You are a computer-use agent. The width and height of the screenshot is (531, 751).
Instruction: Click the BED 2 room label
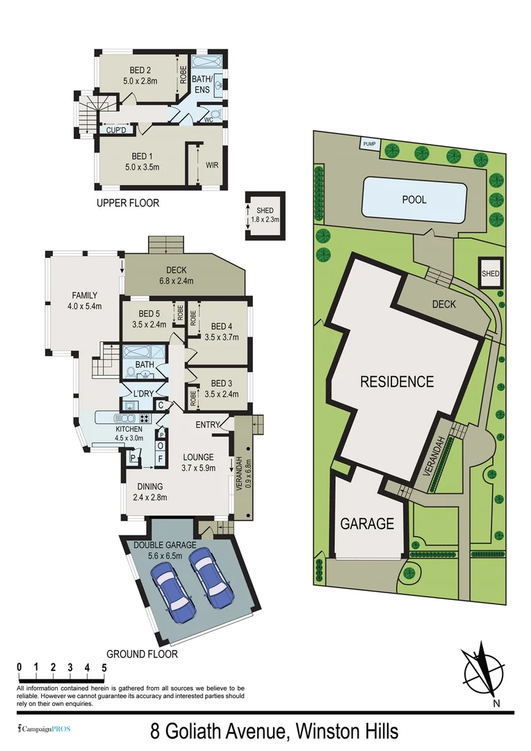[x=140, y=70]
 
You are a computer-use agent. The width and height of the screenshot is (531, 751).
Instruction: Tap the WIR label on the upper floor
[x=212, y=165]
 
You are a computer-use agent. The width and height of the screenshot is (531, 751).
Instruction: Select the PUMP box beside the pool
[x=370, y=144]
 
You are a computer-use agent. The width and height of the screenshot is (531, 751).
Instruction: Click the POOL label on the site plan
[x=414, y=200]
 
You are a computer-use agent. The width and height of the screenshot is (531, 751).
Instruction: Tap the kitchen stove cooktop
[x=145, y=418]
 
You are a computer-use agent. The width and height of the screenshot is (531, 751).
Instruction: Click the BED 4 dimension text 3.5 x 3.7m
[x=222, y=337]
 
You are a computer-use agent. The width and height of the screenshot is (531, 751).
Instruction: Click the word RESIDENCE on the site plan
[x=397, y=382]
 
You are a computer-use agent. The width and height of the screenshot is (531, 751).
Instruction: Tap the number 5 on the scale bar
[x=104, y=668]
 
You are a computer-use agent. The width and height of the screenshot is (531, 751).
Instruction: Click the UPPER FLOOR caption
[x=128, y=203]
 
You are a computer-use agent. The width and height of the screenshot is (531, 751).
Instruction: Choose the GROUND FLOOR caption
[x=142, y=654]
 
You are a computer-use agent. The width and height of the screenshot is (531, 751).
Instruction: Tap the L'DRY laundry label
[x=142, y=394]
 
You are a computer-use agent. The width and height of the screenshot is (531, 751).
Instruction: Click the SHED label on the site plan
[x=491, y=274]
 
